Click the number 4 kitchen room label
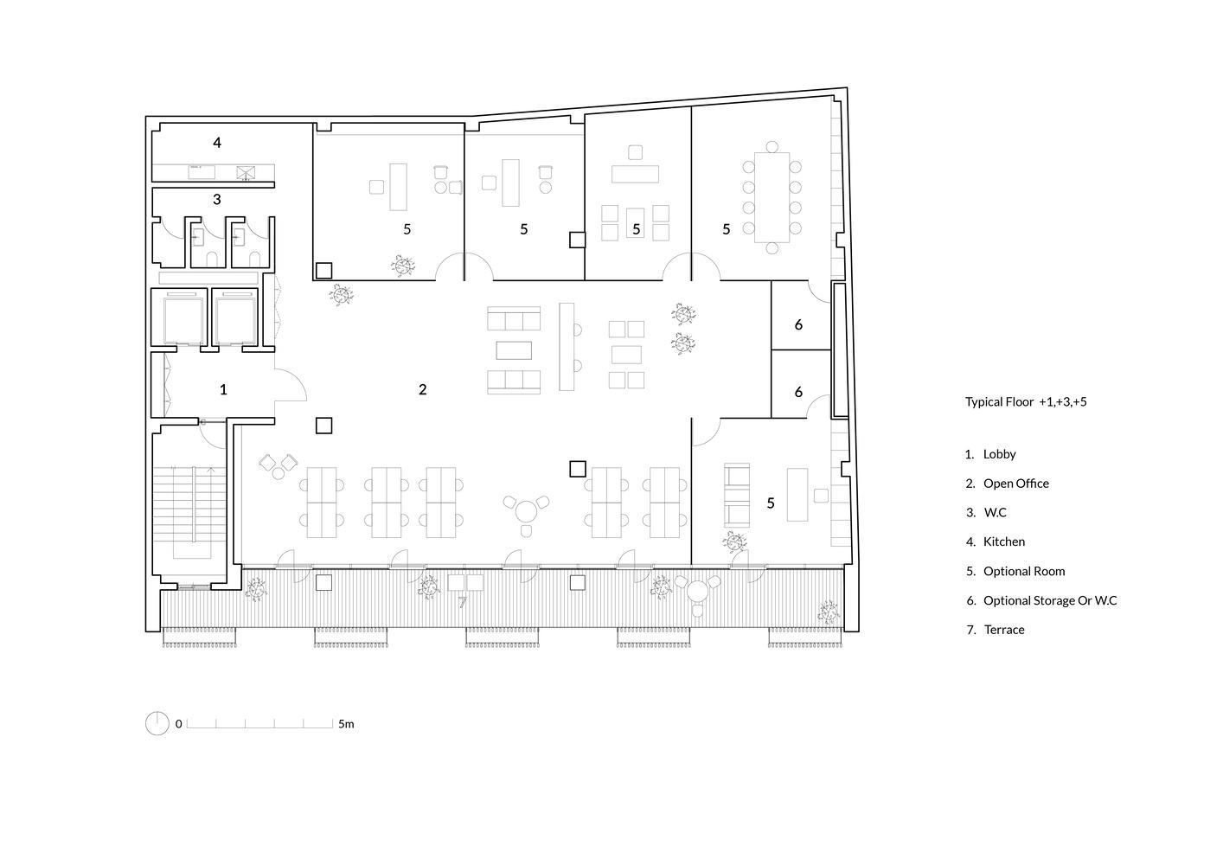[x=217, y=143]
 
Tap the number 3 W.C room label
[x=217, y=199]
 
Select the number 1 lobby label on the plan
[x=223, y=389]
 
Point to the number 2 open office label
[x=423, y=389]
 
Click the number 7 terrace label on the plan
[x=463, y=602]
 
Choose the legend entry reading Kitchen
[x=1004, y=541]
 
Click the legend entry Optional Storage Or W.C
[x=1050, y=600]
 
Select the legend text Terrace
[x=1004, y=630]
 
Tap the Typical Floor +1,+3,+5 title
[x=1026, y=402]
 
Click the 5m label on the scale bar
[x=346, y=723]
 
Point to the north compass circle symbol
[x=157, y=723]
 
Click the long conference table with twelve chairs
[x=772, y=197]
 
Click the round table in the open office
[x=526, y=512]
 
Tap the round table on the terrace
[x=697, y=592]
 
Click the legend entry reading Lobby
[x=999, y=454]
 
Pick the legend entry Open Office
[x=1016, y=484]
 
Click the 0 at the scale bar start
[x=178, y=723]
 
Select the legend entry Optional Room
[x=1024, y=571]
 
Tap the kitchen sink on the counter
[x=202, y=172]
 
